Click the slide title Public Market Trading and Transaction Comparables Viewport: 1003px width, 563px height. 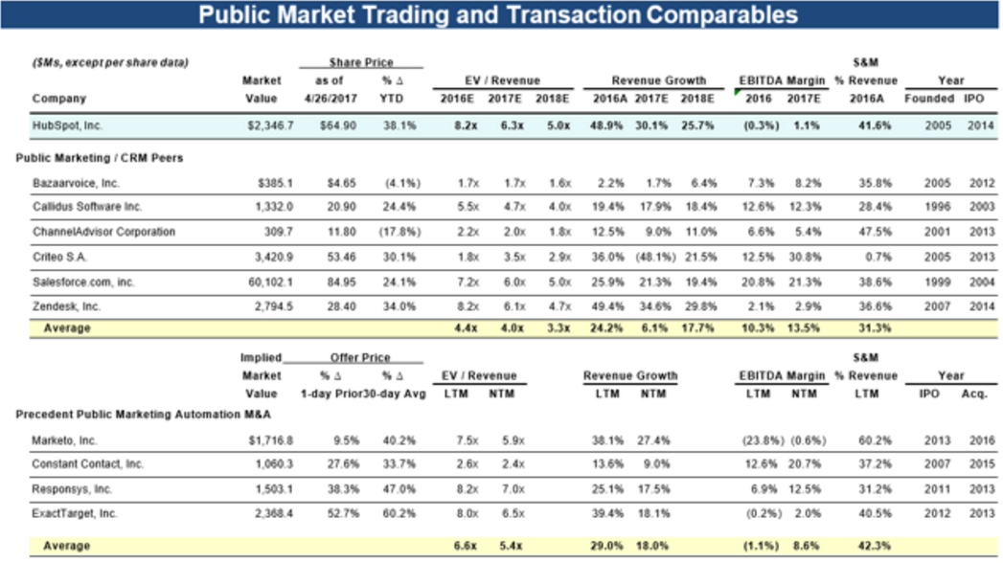click(497, 14)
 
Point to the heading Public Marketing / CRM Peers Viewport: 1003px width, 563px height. click(100, 157)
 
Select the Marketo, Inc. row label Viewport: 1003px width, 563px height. click(64, 439)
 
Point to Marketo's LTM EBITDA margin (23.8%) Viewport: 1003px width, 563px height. click(759, 439)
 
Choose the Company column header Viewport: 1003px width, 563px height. click(58, 99)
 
